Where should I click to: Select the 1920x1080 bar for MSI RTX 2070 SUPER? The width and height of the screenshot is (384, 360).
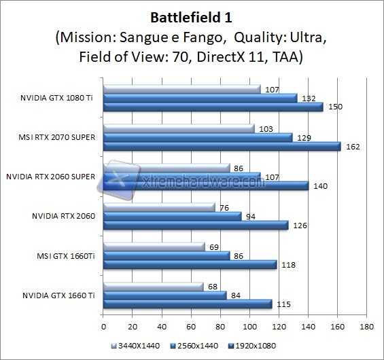[221, 146]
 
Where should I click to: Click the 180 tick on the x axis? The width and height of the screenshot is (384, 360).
[367, 325]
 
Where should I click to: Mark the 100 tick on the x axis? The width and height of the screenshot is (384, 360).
[249, 325]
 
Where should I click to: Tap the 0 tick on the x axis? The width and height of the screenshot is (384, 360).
[103, 325]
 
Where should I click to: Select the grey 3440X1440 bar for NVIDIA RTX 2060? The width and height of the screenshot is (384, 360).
[158, 207]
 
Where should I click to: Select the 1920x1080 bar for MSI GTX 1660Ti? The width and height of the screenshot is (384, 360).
[189, 264]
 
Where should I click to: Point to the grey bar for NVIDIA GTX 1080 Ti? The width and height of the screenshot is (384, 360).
[181, 89]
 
